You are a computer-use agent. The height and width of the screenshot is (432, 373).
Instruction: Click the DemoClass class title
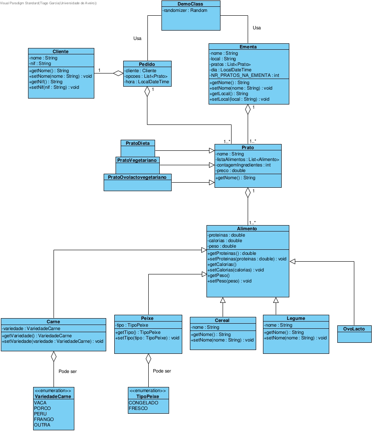click(191, 4)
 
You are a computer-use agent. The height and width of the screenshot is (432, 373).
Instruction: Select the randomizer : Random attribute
click(185, 10)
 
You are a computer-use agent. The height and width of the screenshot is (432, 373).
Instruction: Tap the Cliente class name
click(61, 51)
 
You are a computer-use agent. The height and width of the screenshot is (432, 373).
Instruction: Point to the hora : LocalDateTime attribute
click(147, 82)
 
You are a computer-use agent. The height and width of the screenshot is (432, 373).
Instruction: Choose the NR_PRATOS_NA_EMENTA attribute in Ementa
click(244, 75)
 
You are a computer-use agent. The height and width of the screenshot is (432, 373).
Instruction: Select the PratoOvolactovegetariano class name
click(137, 176)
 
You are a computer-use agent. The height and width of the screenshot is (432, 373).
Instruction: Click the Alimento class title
click(248, 229)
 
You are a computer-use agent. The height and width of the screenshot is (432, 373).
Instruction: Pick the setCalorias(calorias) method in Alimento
click(235, 270)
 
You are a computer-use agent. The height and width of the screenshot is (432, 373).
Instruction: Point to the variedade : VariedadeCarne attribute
click(31, 328)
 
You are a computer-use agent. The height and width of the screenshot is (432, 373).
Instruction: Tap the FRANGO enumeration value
click(44, 419)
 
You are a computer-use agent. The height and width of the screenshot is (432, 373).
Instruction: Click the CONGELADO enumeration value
click(143, 403)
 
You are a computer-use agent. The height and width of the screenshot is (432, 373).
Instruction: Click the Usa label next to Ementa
click(257, 28)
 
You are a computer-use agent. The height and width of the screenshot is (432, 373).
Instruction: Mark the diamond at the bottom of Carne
click(54, 356)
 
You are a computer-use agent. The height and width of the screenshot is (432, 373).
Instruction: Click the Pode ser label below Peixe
click(162, 371)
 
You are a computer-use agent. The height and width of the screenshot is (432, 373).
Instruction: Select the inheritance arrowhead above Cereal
click(223, 300)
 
